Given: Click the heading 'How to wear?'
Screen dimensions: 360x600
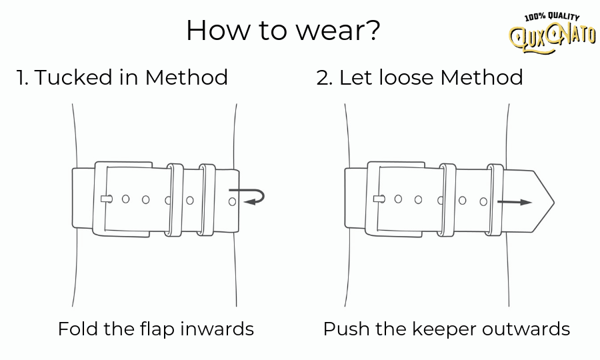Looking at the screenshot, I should [x=283, y=31].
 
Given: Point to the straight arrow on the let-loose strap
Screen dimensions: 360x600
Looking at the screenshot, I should [x=515, y=202].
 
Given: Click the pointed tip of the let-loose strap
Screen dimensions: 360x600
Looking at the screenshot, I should [x=552, y=201].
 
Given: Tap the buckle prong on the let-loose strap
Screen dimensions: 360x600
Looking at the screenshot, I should [x=379, y=199].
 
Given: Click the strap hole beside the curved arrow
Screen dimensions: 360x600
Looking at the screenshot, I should [x=232, y=201].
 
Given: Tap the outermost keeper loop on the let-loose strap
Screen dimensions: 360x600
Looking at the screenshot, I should [x=495, y=199].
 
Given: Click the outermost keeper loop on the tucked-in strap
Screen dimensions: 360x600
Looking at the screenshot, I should [x=207, y=199].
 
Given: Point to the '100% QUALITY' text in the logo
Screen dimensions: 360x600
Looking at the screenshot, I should [x=552, y=17].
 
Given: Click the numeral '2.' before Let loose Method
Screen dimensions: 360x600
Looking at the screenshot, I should [x=324, y=78].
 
